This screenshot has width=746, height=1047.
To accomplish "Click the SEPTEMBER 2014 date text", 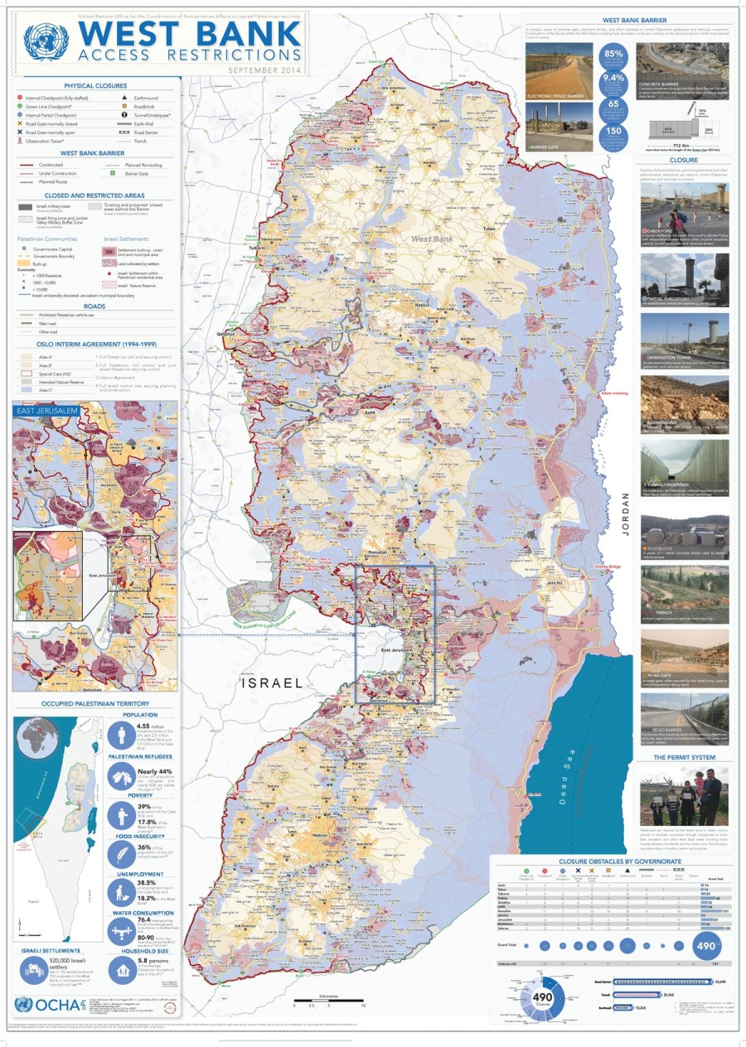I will [262, 70].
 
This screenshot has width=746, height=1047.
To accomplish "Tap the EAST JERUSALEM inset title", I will [48, 410].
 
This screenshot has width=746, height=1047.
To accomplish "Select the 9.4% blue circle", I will [613, 80].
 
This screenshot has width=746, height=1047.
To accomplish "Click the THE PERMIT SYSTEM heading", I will [683, 757].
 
